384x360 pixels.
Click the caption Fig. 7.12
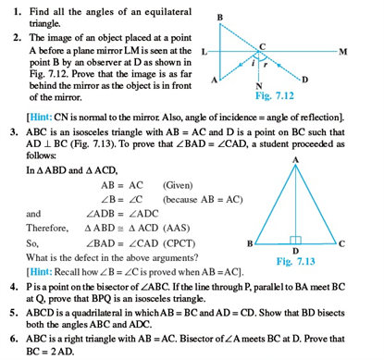(272, 95)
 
